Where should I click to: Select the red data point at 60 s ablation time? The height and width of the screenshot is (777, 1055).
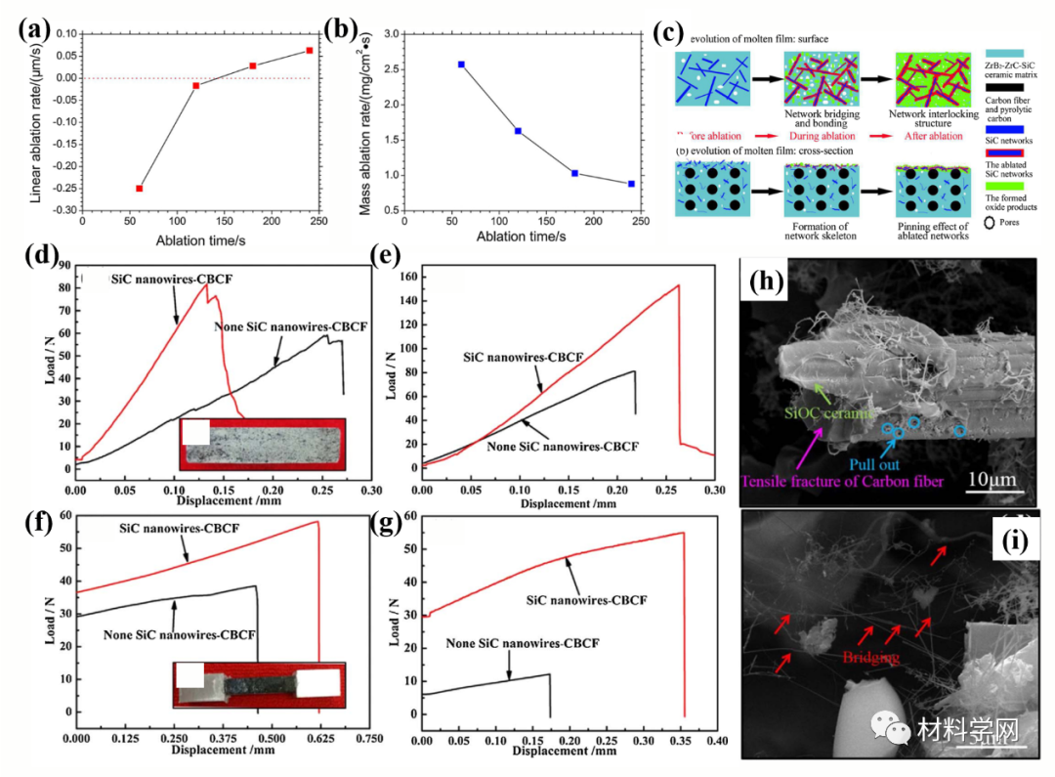pos(140,189)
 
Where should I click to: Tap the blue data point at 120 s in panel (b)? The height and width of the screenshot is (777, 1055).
pos(518,131)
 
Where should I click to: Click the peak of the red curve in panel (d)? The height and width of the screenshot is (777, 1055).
pos(206,284)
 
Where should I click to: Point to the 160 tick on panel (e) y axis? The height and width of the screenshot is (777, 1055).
pos(409,278)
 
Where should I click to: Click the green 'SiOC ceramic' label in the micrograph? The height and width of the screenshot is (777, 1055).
pos(828,414)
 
